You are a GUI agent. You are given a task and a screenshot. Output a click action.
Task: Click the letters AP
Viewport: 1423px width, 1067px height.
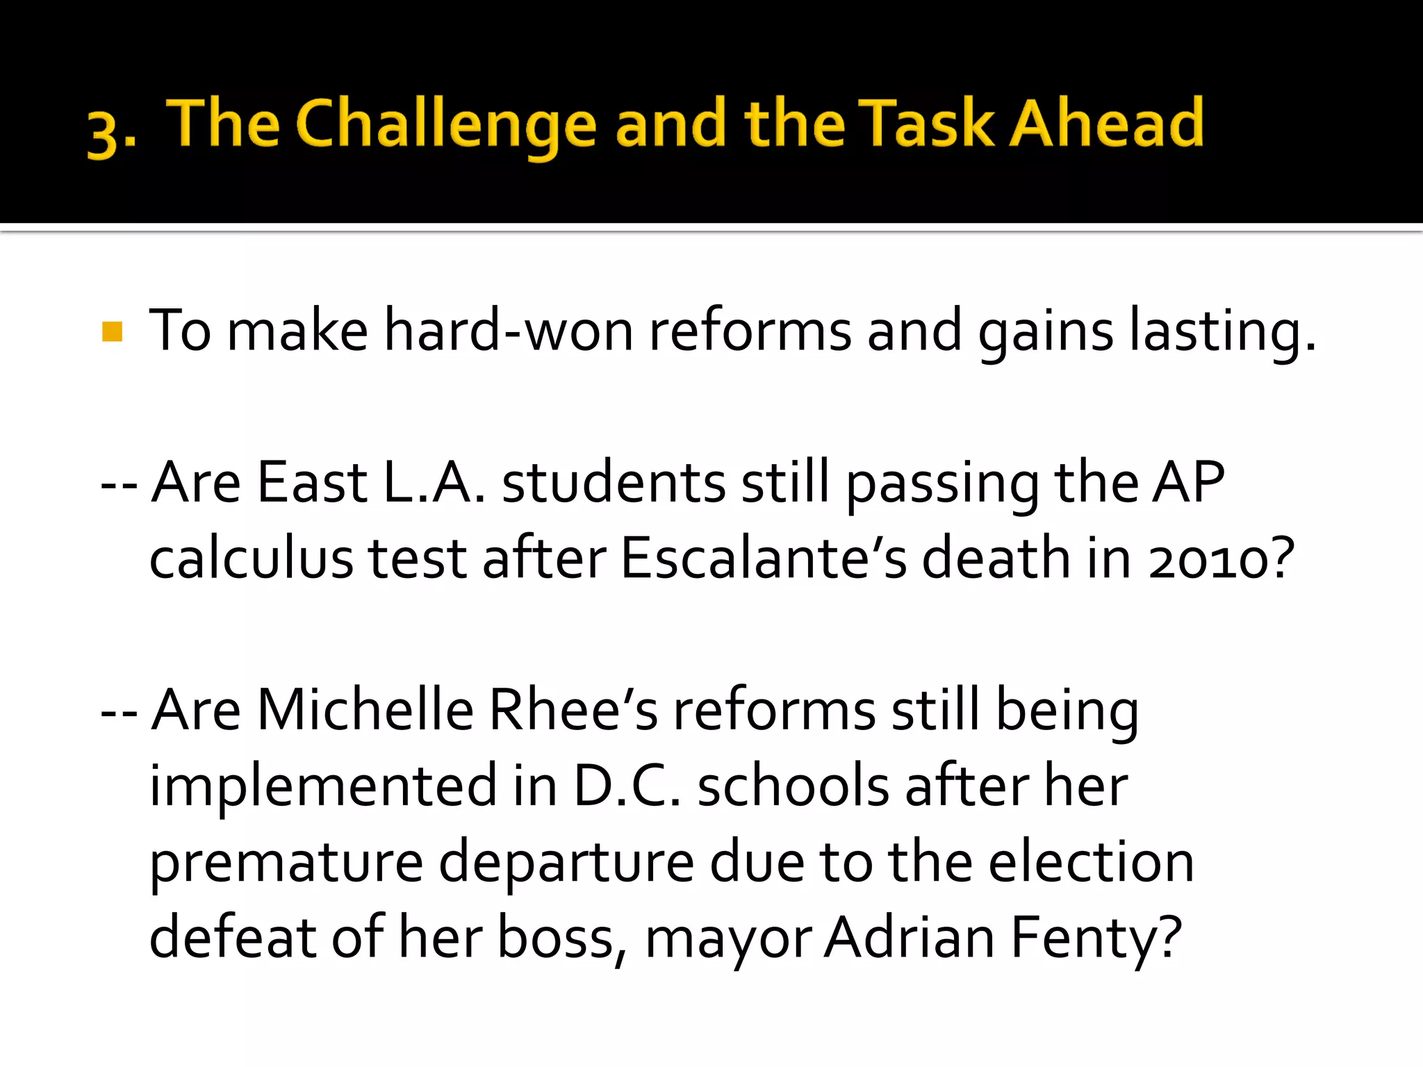pyautogui.click(x=1188, y=482)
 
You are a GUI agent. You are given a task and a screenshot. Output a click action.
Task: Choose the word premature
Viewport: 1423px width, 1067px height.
pyautogui.click(x=286, y=864)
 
